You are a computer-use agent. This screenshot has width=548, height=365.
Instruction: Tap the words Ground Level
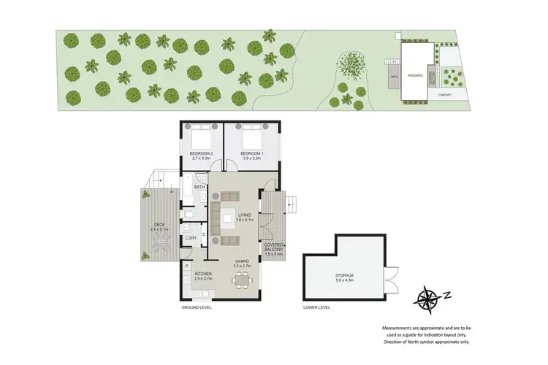(196, 308)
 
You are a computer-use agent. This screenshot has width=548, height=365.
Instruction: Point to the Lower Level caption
(316, 308)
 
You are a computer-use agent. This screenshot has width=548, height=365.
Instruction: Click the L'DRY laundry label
(191, 239)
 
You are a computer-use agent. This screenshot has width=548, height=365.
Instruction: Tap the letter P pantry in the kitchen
(187, 266)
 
